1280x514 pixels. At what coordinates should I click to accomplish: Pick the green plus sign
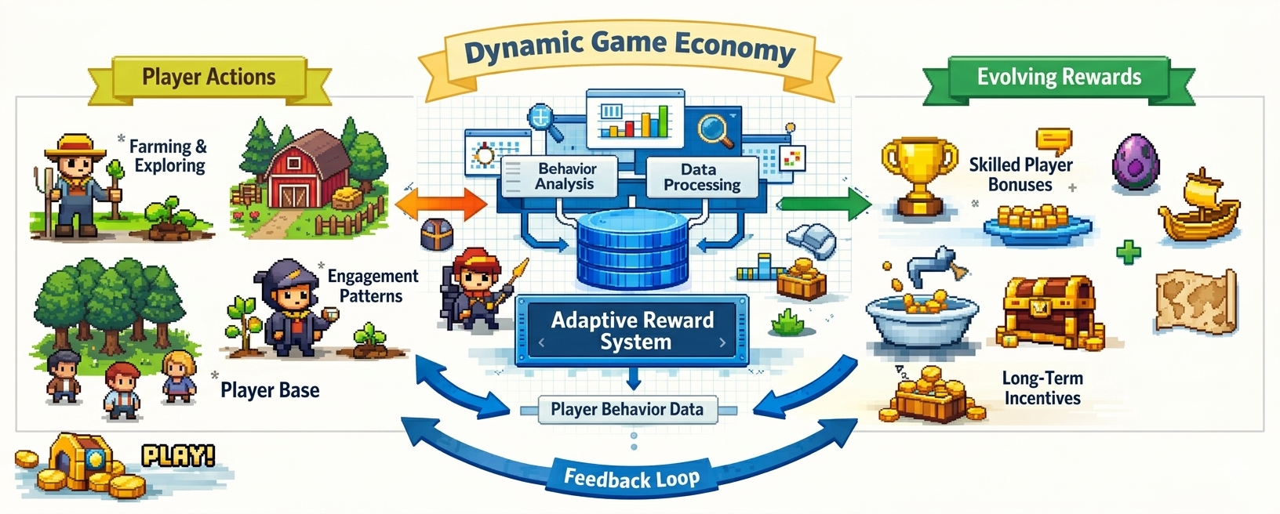pos(1128,252)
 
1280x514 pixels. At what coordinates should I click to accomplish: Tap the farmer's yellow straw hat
pos(75,145)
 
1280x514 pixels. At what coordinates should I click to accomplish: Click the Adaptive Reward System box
pos(632,331)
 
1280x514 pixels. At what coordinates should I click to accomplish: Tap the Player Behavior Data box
pos(627,409)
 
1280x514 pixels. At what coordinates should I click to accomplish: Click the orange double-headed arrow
pos(442,205)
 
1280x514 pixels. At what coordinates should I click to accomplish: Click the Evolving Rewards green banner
pos(1059,78)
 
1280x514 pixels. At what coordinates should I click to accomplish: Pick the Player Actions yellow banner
pos(209,78)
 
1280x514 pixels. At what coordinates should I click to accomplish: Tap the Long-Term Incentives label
pos(1042,388)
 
